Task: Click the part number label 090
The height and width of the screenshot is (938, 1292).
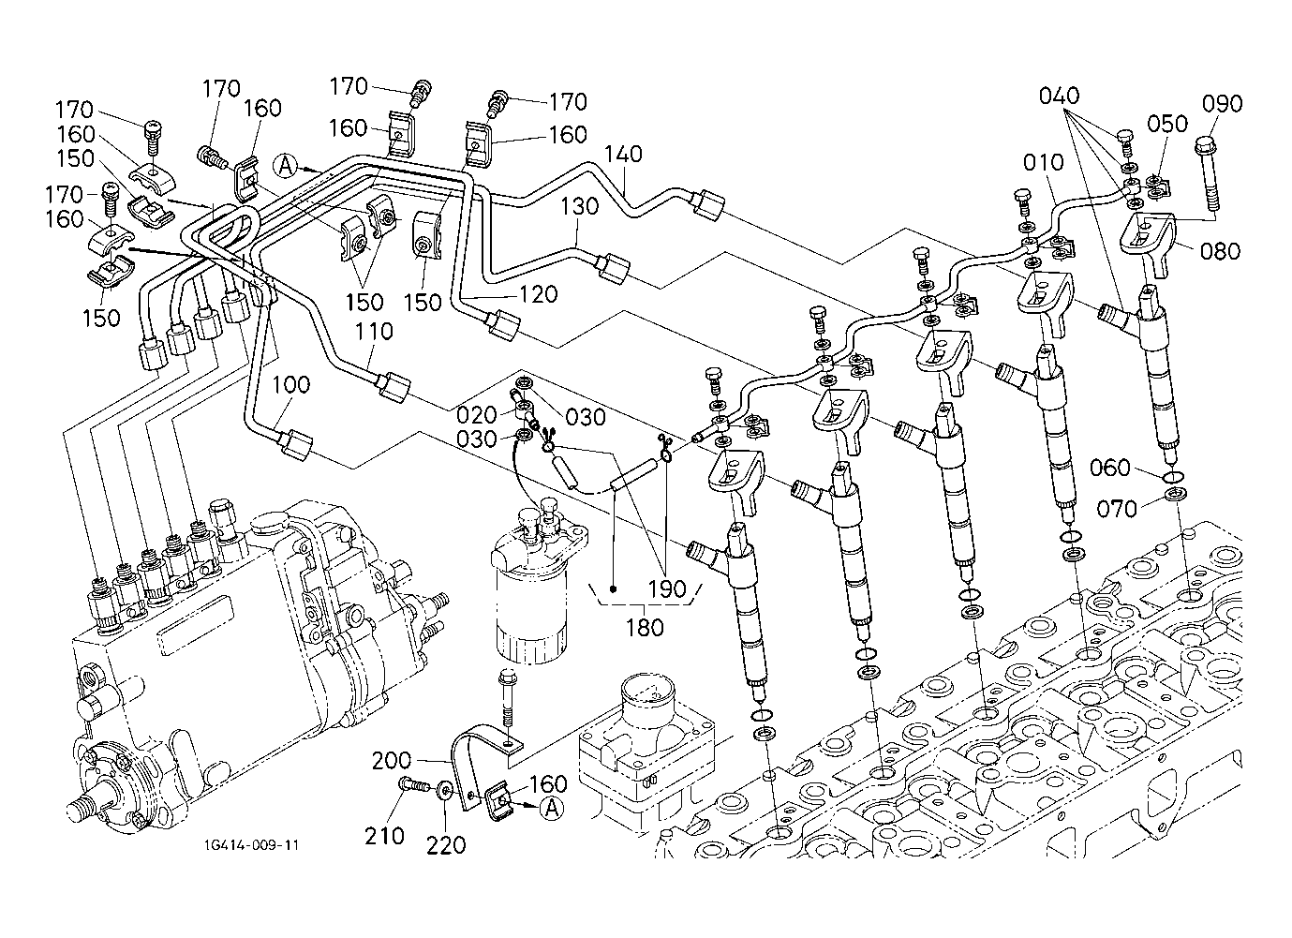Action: point(1223,104)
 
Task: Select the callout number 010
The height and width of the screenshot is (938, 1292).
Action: point(1043,163)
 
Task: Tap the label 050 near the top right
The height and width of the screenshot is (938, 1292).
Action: point(1167,125)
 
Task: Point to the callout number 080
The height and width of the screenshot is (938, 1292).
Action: point(1218,251)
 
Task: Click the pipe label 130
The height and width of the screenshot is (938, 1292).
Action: point(580,207)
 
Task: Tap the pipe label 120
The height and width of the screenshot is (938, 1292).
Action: point(539,294)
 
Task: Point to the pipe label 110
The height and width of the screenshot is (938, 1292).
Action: point(374,331)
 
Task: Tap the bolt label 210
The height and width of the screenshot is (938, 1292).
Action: point(386,835)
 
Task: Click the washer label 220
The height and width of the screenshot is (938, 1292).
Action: point(446,845)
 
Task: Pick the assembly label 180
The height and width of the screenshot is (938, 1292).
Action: point(645,626)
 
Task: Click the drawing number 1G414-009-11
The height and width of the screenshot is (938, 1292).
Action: point(250,844)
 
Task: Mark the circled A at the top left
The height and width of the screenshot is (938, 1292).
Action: point(287,166)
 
